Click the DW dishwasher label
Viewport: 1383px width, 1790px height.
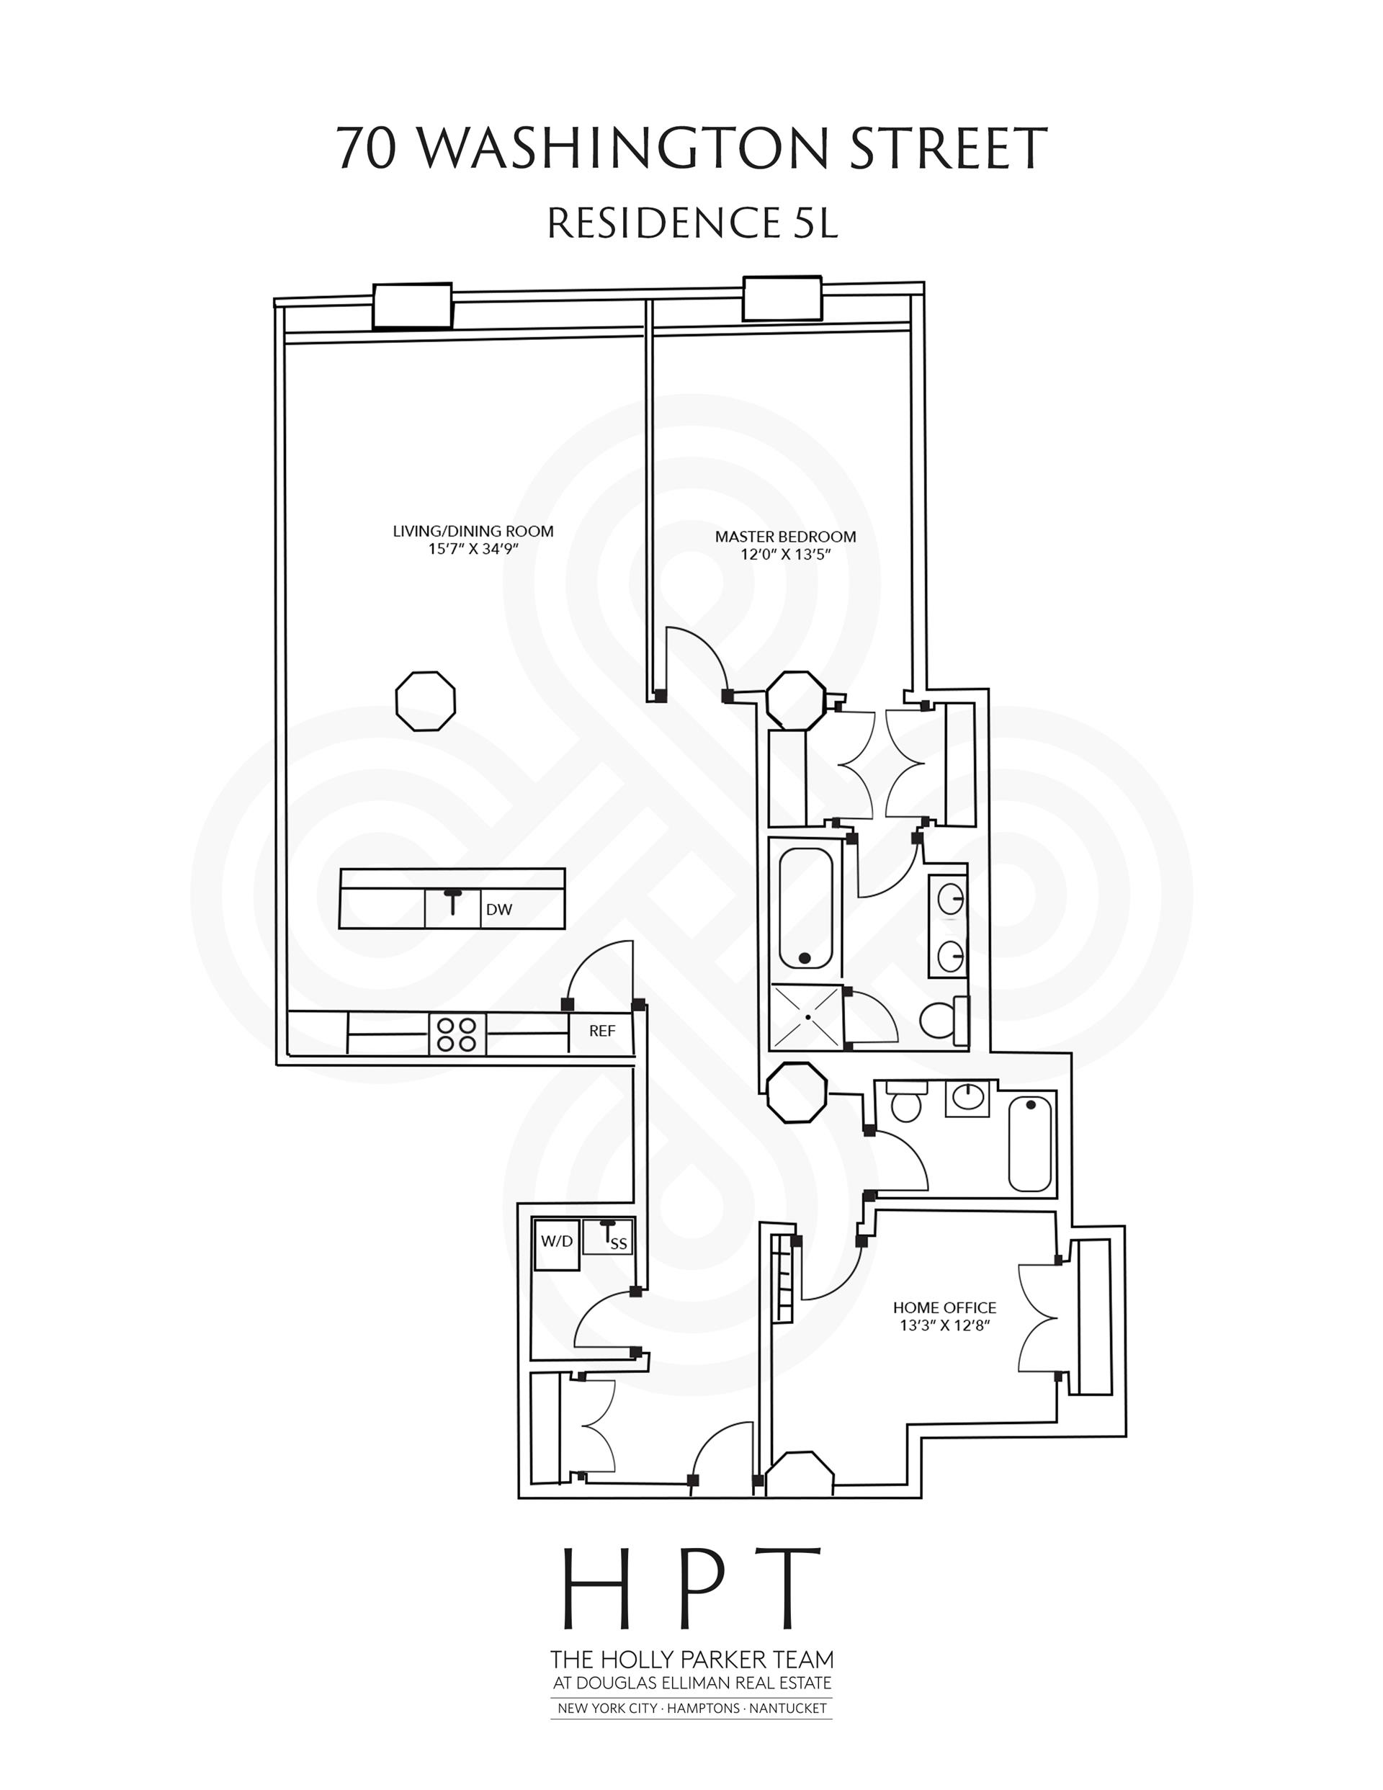tap(498, 909)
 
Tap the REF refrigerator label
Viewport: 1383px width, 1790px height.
tap(601, 1031)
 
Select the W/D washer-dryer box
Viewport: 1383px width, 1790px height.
tap(557, 1242)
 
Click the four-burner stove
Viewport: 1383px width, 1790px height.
tap(457, 1034)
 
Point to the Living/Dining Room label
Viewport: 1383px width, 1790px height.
tap(473, 531)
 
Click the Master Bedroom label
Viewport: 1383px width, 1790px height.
tap(785, 537)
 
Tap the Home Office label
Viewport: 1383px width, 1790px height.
tap(944, 1307)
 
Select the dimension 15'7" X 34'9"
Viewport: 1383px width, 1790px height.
tap(473, 549)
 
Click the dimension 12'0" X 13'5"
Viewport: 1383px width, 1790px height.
tap(786, 554)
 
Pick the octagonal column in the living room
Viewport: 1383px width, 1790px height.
tap(426, 700)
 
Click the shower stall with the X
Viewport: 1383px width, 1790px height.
tap(807, 1016)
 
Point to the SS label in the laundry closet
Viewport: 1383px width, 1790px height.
tap(618, 1244)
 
